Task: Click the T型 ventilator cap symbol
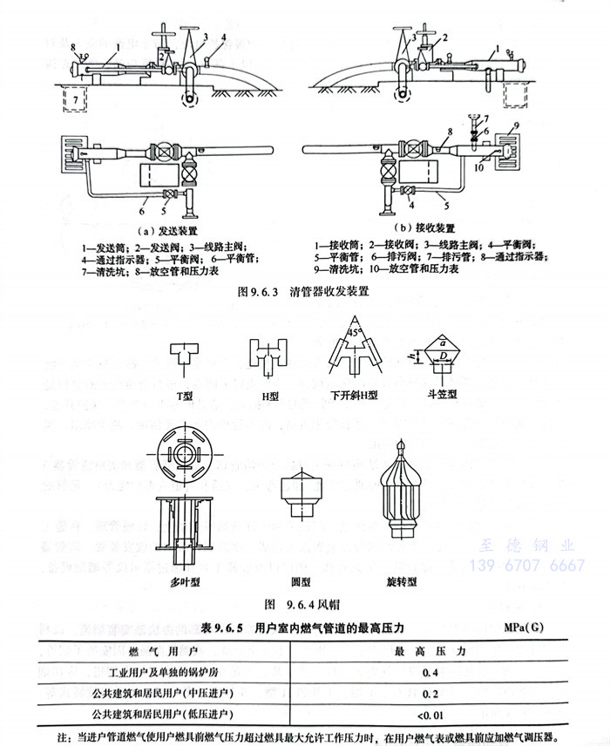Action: [x=185, y=356]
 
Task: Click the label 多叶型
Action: [x=185, y=580]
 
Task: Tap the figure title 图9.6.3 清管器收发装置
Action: [x=302, y=293]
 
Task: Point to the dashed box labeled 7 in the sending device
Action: [x=74, y=100]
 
